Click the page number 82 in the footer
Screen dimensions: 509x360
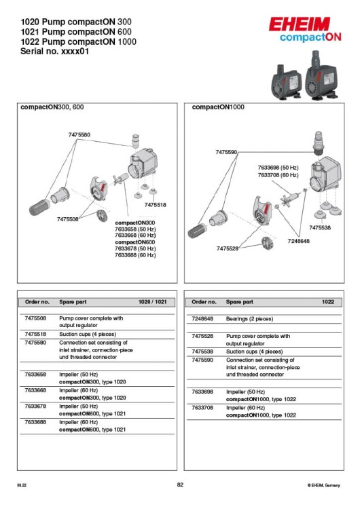tap(180, 485)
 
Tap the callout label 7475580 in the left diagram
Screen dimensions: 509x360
tap(79, 135)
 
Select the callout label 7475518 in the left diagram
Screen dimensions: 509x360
tap(155, 204)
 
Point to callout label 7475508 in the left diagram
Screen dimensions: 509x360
tap(68, 219)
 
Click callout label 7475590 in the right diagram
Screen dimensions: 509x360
tap(226, 153)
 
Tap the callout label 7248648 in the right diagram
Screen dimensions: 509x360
tap(298, 241)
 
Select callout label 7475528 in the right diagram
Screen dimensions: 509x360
tap(228, 248)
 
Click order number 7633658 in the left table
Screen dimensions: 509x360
tap(35, 374)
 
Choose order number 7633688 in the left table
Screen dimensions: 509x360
tap(35, 421)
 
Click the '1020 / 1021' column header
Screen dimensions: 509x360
tap(153, 301)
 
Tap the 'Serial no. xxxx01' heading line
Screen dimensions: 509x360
tap(54, 51)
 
